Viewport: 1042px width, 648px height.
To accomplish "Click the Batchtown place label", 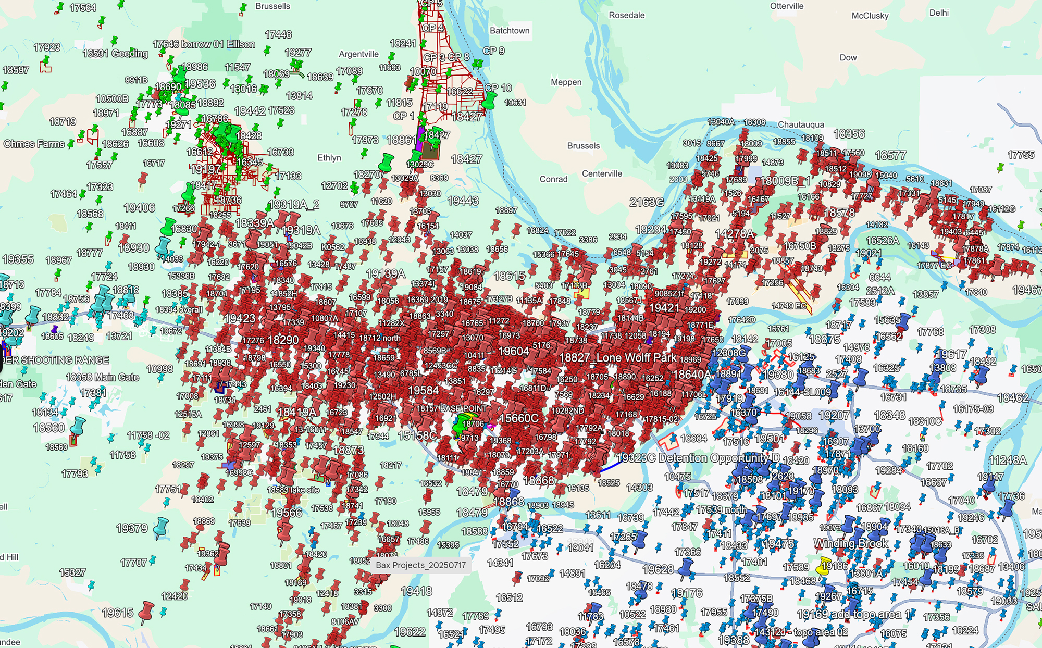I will point(510,31).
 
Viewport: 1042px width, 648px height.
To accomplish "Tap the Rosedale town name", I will point(627,15).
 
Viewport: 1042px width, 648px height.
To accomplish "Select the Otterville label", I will point(787,6).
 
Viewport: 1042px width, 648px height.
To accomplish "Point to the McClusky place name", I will point(870,16).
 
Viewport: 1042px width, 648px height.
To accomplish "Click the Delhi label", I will point(939,13).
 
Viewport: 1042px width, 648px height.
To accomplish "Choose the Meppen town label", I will point(566,82).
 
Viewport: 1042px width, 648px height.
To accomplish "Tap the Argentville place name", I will point(358,54).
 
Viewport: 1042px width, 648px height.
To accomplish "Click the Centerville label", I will point(602,173).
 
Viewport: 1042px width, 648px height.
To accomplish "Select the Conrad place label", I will point(553,179).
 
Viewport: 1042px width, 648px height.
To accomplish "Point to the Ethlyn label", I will point(329,158).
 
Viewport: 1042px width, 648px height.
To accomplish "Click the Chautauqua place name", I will point(801,125).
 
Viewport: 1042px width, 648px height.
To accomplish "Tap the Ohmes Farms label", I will point(34,144).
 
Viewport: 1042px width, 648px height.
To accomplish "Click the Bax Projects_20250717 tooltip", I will point(420,565).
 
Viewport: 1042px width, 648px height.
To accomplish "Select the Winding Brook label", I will point(851,543).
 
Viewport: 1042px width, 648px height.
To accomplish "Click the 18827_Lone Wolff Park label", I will point(617,358).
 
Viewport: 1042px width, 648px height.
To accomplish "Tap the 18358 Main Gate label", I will point(102,377).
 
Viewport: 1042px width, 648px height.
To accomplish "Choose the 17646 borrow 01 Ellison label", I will point(204,44).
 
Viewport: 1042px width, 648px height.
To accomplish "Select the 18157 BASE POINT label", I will point(451,408).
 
